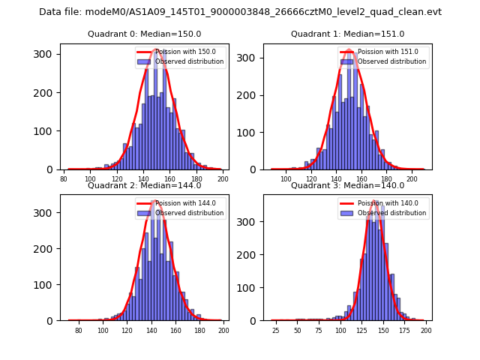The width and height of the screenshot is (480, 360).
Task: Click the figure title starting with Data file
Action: [x=240, y=12]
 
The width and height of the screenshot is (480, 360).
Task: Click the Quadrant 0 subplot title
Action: [x=145, y=34]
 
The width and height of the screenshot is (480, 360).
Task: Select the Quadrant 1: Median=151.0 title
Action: [x=348, y=34]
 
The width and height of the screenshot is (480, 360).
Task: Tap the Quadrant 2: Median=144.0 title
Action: [x=145, y=185]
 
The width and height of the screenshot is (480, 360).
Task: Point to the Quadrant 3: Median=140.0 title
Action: [x=348, y=185]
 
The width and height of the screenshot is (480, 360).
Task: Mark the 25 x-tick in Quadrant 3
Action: [x=275, y=330]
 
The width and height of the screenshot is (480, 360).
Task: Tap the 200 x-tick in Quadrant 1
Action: [x=412, y=178]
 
